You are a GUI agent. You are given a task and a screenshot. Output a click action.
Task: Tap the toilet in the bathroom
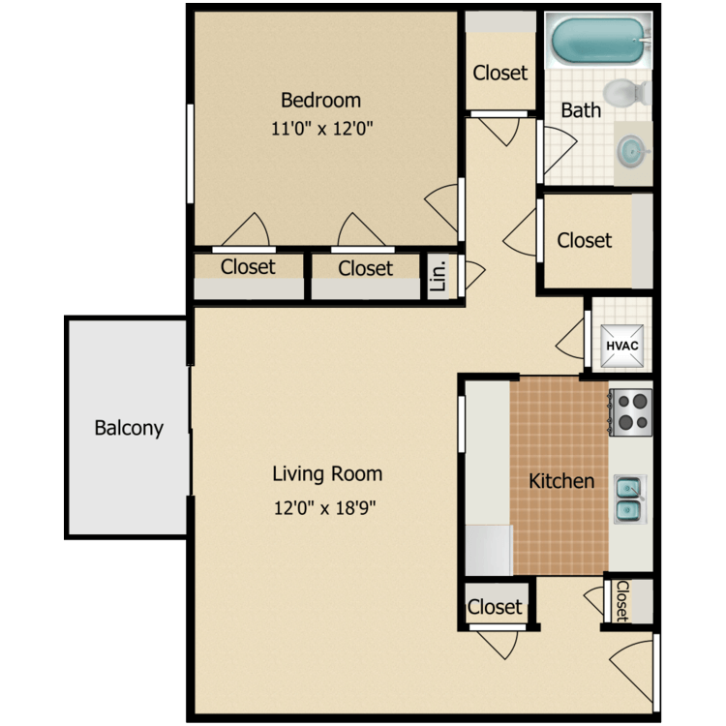[x=634, y=93]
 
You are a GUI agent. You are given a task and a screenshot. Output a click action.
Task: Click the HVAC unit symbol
[x=621, y=346]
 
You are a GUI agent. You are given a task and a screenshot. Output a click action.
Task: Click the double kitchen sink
[x=629, y=498]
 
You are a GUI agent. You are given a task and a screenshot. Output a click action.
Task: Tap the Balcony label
[x=129, y=427]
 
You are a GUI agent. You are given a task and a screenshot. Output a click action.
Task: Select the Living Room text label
[x=327, y=473]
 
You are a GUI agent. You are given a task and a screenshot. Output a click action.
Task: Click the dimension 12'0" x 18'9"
[x=325, y=506]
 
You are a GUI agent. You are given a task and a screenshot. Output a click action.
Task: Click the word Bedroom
[x=320, y=100]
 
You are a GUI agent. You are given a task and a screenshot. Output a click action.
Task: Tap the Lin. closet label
[x=438, y=277]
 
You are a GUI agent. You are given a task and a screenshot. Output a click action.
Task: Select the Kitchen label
[x=561, y=480]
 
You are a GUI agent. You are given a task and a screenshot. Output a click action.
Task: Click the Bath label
[x=581, y=110]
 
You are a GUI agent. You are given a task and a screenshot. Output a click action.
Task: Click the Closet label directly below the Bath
[x=585, y=240]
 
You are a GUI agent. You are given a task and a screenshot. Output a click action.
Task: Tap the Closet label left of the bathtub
[x=500, y=73]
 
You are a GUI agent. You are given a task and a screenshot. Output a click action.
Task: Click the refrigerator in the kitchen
[x=488, y=549]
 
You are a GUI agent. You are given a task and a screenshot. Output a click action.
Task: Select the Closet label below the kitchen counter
[x=495, y=607]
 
